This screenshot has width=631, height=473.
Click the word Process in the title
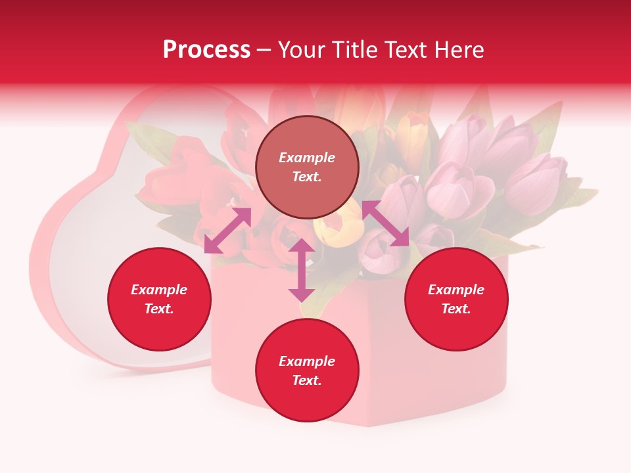click(206, 50)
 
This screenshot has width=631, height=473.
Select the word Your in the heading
click(302, 50)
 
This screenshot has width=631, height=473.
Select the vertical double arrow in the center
click(302, 269)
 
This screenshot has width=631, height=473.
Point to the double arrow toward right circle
click(385, 223)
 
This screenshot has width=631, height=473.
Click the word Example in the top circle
click(307, 158)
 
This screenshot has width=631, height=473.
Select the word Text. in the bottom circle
click(307, 380)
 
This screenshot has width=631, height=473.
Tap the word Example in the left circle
click(159, 290)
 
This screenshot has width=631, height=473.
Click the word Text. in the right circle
click(456, 309)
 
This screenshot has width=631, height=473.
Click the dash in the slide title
click(264, 51)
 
